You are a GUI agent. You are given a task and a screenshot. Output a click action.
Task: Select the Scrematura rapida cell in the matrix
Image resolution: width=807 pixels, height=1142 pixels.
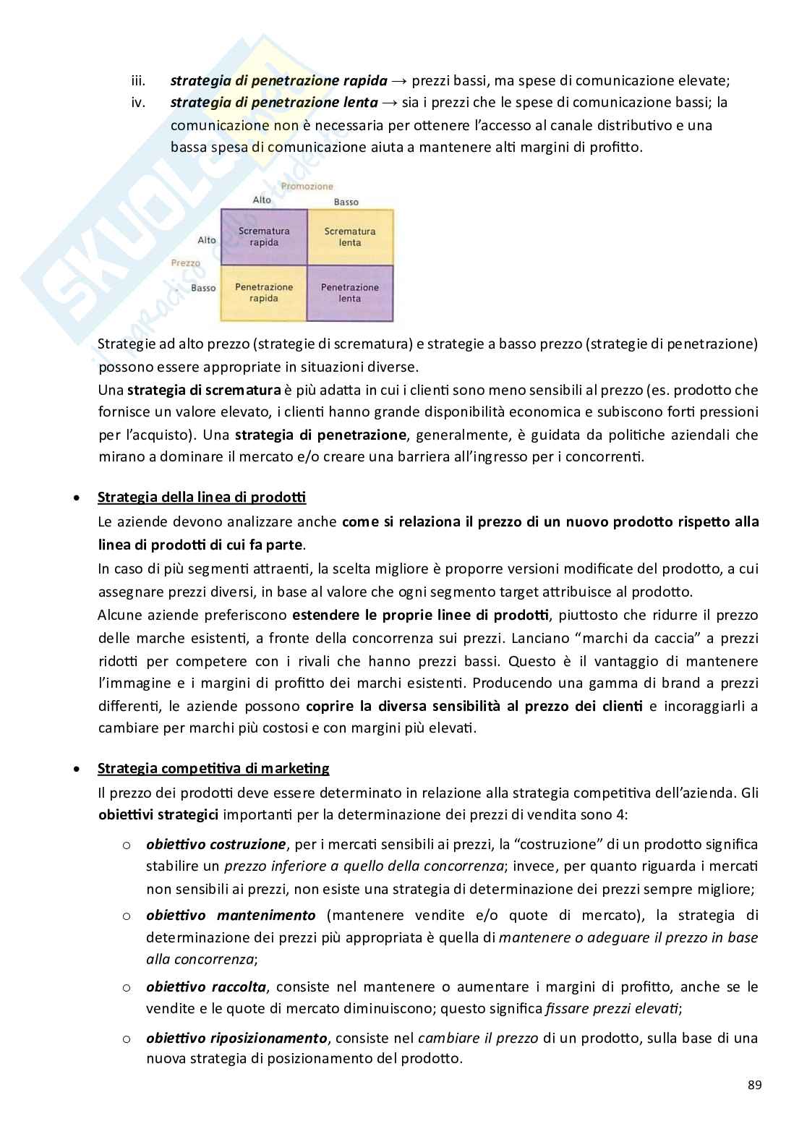pos(264,237)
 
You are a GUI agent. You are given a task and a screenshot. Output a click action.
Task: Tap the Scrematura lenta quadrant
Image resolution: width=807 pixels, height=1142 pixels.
pos(350,237)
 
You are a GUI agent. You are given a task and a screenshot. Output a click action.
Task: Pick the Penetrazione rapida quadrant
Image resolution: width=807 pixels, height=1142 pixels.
pos(264,292)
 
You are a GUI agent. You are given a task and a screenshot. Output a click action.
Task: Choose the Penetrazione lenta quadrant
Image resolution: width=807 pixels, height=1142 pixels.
pos(350,292)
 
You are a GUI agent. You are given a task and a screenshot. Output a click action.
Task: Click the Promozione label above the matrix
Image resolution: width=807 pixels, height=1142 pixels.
pos(307,186)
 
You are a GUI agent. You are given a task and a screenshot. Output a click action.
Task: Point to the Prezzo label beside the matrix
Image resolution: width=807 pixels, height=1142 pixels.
pos(186,263)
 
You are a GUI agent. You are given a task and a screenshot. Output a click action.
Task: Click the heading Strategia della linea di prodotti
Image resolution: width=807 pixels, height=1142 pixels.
pos(202,498)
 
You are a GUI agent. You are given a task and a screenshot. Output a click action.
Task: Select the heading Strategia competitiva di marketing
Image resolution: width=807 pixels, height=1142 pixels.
pos(213,768)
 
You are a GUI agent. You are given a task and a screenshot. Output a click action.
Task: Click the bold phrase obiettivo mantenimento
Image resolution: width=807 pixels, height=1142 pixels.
pos(231,915)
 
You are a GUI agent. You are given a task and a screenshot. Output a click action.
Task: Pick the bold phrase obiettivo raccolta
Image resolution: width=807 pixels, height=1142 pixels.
pos(206,987)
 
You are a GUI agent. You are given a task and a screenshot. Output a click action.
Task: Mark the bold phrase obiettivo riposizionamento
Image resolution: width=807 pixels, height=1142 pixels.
pos(236,1038)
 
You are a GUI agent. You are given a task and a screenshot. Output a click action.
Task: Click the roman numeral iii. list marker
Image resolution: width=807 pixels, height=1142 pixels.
pos(139,80)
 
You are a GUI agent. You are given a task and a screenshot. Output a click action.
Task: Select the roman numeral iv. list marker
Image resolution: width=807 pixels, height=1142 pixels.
pos(138,103)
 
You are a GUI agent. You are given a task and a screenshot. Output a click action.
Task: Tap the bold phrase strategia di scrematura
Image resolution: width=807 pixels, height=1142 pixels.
pos(204,391)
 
